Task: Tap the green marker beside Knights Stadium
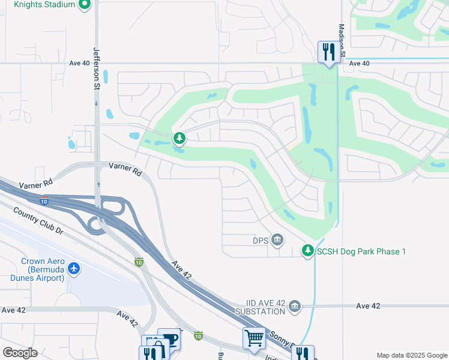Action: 85,5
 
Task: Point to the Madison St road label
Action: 342,40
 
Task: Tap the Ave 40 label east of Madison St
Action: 359,64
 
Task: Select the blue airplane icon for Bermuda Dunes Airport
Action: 74,268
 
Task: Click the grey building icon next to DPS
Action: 277,240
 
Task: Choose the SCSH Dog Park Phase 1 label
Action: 362,251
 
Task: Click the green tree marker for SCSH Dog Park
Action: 308,250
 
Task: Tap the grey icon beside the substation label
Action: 295,307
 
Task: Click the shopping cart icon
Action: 253,338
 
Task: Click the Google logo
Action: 20,353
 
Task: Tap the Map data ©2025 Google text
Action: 411,355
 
